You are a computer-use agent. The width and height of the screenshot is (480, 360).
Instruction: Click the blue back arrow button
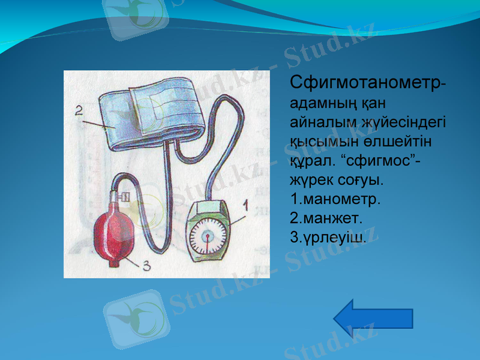click(x=373, y=317)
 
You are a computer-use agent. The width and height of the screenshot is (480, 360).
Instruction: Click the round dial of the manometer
click(x=208, y=236)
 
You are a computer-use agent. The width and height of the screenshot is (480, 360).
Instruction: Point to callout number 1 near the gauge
click(x=245, y=206)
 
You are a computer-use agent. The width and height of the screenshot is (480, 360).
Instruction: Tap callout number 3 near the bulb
click(x=146, y=266)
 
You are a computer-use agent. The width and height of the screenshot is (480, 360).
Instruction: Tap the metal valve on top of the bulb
click(x=124, y=196)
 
